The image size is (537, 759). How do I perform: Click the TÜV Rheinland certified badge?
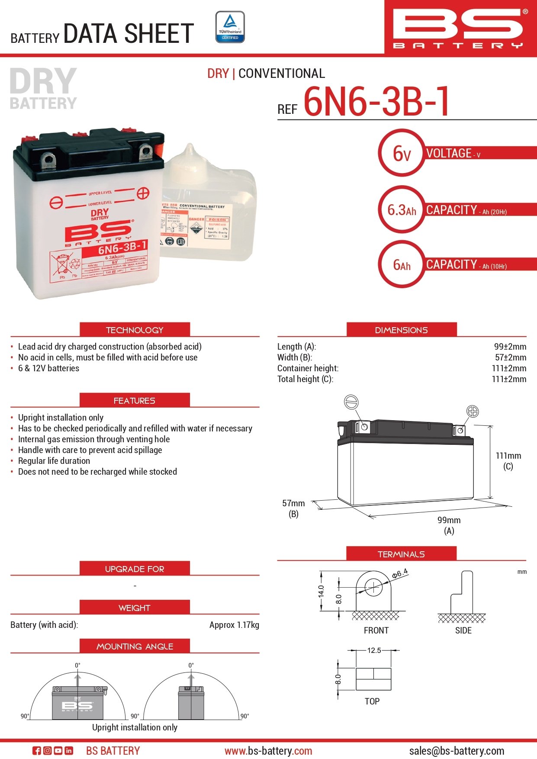[230, 27]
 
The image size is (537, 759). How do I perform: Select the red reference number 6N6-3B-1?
[376, 102]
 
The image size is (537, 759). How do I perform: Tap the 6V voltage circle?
[402, 153]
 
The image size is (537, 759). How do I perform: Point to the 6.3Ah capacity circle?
[402, 210]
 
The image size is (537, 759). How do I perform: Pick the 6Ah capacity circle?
[402, 264]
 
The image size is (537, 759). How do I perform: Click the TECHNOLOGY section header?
[135, 330]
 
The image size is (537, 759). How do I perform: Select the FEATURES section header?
[135, 400]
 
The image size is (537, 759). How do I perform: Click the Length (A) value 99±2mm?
[510, 347]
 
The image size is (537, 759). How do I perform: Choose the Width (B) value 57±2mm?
[510, 357]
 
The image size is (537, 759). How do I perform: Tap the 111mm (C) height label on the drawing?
[508, 460]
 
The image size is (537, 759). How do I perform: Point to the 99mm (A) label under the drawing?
[449, 525]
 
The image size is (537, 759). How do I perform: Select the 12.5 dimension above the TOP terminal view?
[374, 650]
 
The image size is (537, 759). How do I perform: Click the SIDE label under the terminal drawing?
[463, 630]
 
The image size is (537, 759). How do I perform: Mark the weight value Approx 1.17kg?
[234, 625]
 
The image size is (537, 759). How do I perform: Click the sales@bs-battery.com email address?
[457, 751]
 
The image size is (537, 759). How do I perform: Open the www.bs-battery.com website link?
[268, 751]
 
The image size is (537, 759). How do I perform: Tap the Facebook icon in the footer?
[37, 751]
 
